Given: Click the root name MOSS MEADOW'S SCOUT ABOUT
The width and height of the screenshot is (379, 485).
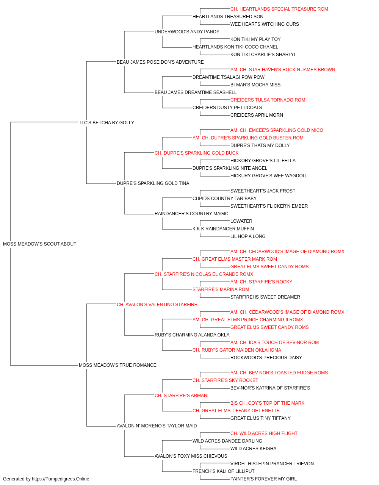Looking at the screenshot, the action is pos(39,244).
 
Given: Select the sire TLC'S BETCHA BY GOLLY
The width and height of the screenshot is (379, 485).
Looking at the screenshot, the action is pos(106,122).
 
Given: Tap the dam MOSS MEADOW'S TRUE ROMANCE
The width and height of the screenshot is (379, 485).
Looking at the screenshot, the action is pos(117,365).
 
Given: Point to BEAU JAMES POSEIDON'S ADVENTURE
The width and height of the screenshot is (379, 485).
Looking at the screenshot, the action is pos(160,62).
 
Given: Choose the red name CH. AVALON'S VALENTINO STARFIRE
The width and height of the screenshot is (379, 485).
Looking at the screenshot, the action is pos(157,304).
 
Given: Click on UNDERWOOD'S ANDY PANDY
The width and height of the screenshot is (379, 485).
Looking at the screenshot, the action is pos(187,32).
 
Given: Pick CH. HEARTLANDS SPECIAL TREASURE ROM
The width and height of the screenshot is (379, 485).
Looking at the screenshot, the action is pos(279,9).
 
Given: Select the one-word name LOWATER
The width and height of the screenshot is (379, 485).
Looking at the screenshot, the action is pos(241,221).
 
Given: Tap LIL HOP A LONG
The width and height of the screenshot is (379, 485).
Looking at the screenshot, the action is pos(248,236).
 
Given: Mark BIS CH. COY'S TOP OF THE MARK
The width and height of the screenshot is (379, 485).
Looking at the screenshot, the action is pos(267,403).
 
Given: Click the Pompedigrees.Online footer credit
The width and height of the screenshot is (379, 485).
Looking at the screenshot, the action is pos(46,479).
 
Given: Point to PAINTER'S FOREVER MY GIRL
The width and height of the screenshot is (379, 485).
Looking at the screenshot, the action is pos(263,479).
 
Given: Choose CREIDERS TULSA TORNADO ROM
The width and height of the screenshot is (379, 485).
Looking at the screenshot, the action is pos(268,100).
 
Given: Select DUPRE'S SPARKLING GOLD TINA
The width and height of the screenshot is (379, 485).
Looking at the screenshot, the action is pos(153,183).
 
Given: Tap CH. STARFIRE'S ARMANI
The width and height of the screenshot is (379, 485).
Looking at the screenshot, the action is pos(181,396).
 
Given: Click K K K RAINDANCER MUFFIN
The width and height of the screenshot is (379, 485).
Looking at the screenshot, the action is pos(223,229).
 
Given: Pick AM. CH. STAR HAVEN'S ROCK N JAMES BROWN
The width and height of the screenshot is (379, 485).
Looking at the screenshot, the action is pos(283,70).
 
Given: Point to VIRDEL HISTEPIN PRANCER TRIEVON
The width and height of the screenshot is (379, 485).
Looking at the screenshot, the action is pos(272,463).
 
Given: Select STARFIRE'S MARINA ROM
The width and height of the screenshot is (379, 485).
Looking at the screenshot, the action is pos(221,289).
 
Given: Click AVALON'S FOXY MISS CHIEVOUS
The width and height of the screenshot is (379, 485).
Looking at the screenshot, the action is pos(191,456).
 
